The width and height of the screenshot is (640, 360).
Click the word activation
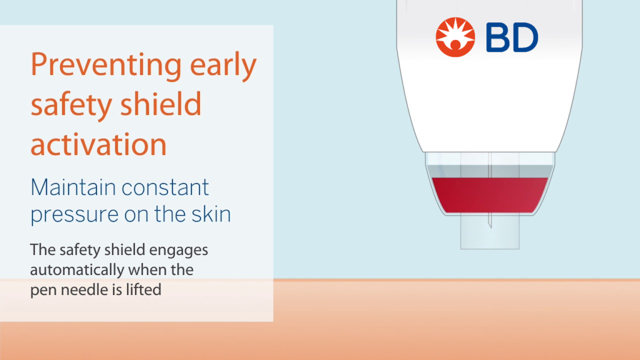coord(99,144)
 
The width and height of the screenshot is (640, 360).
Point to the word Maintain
coord(73,187)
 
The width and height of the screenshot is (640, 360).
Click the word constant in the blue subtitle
coord(165,187)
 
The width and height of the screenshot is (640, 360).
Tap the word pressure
coord(74,215)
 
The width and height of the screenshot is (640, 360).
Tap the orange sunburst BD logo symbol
coord(455,37)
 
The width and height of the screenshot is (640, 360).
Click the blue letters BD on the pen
coord(512,37)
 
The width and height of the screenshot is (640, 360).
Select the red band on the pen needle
coord(490,195)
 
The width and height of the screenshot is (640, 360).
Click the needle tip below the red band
coord(490,227)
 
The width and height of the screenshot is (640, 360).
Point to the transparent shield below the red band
coord(490,231)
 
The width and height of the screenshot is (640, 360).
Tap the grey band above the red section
coord(490,171)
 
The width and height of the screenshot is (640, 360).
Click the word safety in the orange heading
coord(71,104)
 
